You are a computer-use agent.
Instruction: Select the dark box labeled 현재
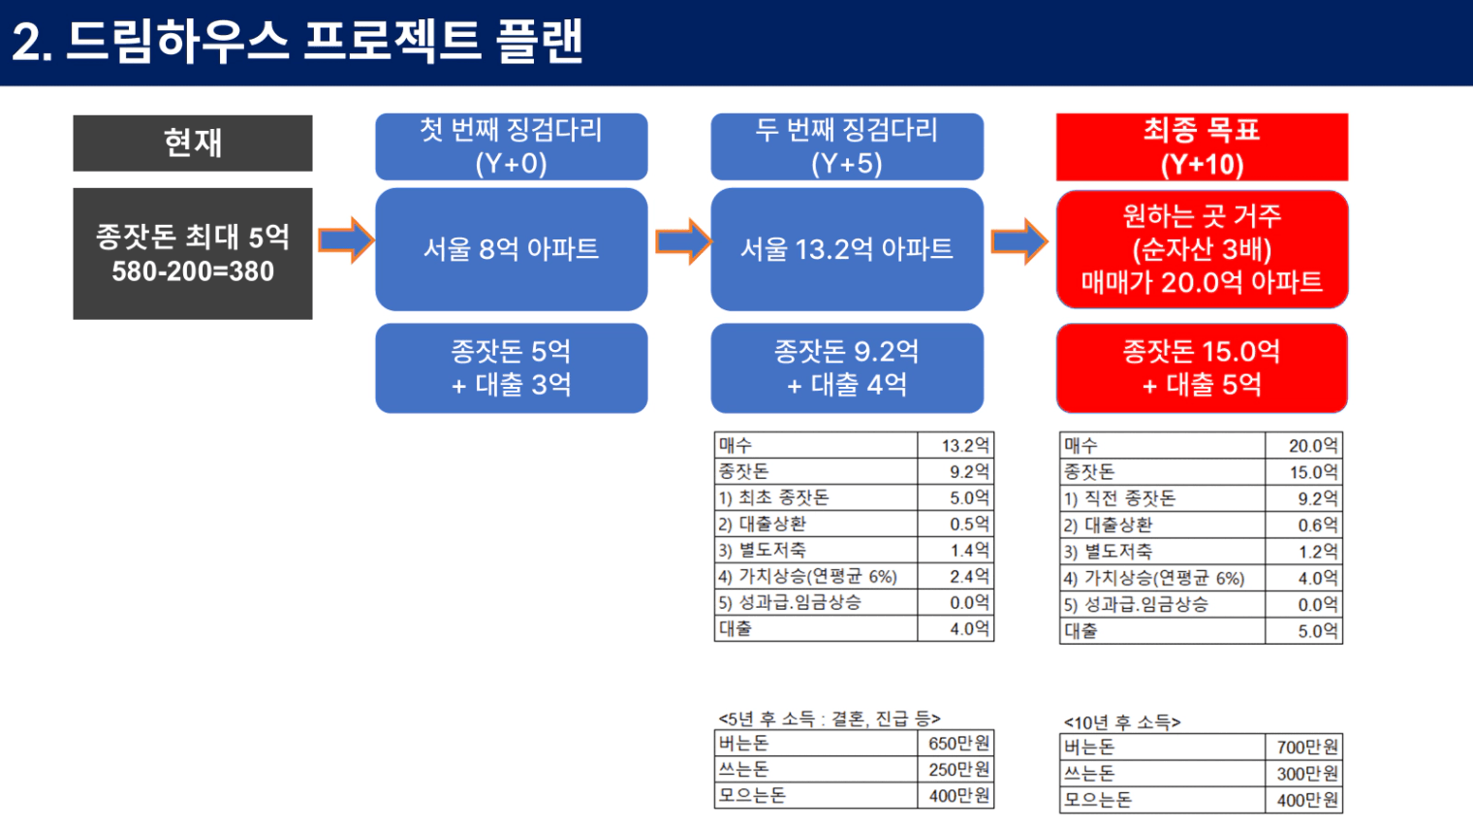tap(193, 143)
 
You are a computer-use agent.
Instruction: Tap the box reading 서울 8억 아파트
tap(512, 249)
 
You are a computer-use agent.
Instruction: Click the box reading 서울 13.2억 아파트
tap(847, 249)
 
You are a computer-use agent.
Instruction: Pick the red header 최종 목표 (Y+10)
tap(1202, 146)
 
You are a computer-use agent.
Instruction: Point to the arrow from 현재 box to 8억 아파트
tap(346, 240)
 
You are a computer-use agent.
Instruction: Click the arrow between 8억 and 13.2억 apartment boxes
tap(683, 241)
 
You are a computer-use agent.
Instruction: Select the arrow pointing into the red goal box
tap(1019, 241)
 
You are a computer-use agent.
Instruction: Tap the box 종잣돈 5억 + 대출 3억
tap(512, 367)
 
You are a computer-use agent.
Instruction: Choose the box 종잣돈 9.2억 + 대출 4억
tap(847, 367)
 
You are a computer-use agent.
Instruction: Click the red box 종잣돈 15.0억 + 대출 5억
tap(1202, 367)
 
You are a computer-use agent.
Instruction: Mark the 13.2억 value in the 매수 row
tap(964, 446)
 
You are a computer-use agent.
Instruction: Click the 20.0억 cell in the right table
tap(1313, 446)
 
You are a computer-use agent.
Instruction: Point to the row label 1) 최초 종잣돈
tap(773, 497)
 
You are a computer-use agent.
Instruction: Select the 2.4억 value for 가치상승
tap(969, 576)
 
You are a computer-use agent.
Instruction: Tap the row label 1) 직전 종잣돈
tap(1119, 498)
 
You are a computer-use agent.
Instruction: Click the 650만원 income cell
tap(958, 744)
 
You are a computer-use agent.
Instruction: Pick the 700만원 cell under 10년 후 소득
tap(1307, 748)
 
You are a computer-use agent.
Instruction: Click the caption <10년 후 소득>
tap(1122, 722)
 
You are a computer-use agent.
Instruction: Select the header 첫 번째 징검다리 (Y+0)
tap(512, 146)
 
